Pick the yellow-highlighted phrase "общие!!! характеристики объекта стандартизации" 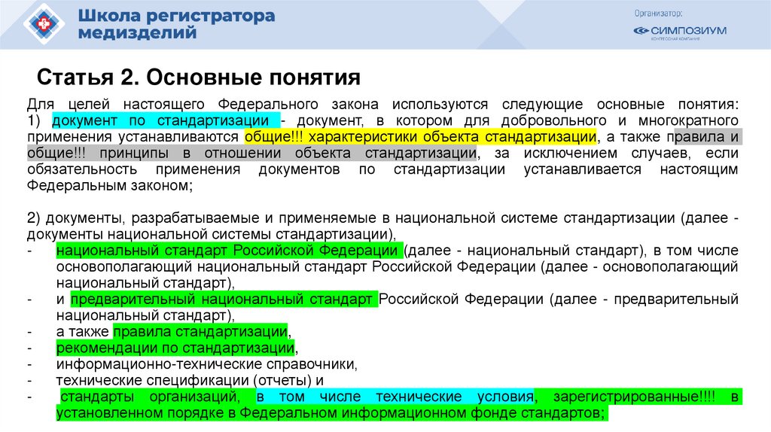[x=420, y=138]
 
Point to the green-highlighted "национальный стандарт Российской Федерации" [x=227, y=251]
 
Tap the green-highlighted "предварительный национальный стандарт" [x=224, y=300]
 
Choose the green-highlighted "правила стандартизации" [x=200, y=331]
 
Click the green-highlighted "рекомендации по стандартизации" [x=175, y=348]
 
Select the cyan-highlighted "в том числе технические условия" [x=395, y=397]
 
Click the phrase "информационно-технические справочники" [x=205, y=364]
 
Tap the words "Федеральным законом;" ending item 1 [x=110, y=185]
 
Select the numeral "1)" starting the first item [x=37, y=121]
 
